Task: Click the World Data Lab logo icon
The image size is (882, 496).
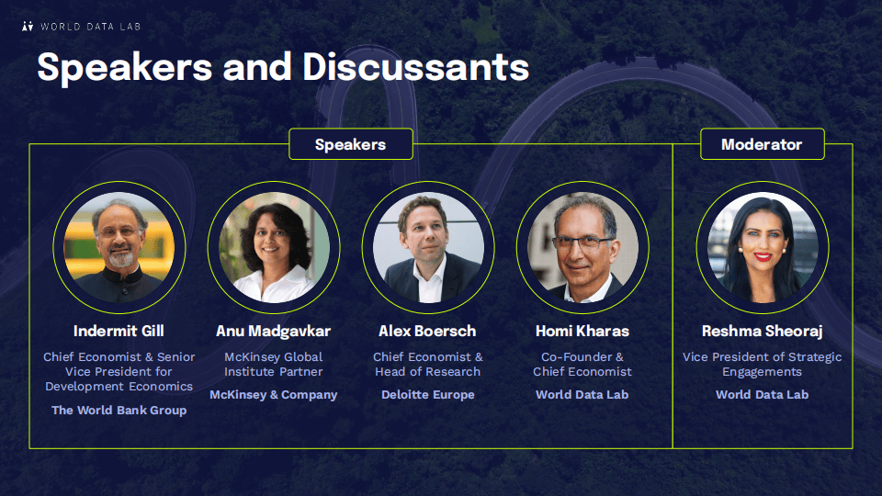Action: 28,27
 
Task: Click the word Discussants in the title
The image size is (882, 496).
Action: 415,67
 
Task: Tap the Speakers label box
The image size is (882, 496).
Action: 351,144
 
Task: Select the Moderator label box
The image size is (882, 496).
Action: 763,144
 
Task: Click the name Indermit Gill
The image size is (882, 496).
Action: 119,332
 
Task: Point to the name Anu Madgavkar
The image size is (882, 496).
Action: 274,332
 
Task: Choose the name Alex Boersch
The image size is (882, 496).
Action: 427,332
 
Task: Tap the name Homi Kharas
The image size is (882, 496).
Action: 582,332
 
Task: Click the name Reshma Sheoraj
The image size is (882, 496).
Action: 763,332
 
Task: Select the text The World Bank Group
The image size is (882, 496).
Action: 119,411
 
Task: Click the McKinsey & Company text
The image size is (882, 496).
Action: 274,395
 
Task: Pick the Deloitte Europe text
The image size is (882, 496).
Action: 428,395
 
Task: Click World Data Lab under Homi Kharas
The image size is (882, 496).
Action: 582,395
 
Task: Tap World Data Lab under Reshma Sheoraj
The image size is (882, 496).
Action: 763,395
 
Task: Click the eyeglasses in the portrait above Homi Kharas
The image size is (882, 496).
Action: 582,242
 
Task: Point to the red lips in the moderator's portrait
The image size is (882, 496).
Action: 763,257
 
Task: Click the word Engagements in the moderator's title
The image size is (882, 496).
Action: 763,372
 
